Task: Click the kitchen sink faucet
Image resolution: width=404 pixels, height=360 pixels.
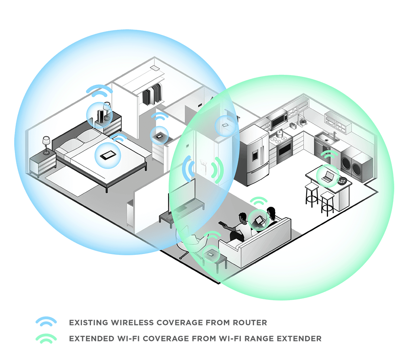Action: [x=334, y=134]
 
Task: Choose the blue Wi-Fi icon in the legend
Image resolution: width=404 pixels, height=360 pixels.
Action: [x=46, y=322]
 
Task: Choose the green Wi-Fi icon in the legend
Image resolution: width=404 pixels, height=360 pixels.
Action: [x=46, y=338]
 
